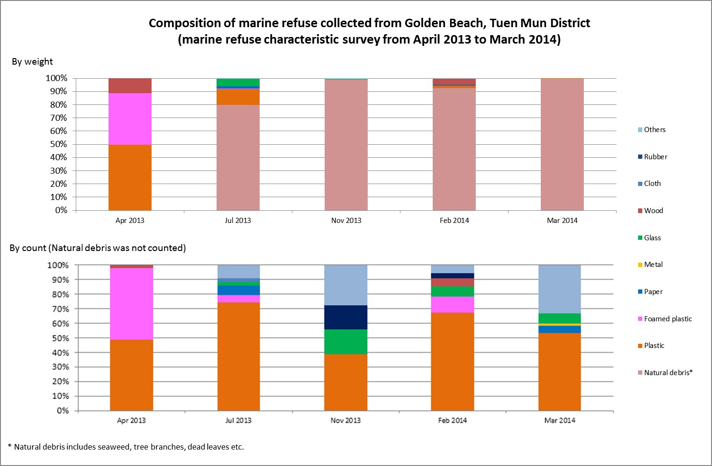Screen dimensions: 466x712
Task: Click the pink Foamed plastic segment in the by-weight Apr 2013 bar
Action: [130, 119]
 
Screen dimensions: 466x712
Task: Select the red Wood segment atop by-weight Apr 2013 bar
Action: [130, 86]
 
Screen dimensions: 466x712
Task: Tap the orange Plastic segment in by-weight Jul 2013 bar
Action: [238, 96]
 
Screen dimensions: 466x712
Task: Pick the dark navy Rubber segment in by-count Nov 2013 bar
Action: [346, 317]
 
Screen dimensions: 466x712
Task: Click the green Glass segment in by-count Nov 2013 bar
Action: [346, 341]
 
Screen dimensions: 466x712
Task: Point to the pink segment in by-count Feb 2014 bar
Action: [452, 304]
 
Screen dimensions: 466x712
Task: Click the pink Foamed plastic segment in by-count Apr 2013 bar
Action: [131, 303]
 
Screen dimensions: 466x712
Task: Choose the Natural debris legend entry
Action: [668, 373]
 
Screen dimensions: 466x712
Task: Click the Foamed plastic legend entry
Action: [668, 319]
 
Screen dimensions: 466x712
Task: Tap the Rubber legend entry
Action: [655, 157]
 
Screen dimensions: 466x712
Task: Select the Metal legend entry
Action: [653, 265]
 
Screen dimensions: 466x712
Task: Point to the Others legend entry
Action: [654, 130]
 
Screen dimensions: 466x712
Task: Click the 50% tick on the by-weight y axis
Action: [59, 144]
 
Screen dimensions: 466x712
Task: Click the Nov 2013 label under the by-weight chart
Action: [346, 221]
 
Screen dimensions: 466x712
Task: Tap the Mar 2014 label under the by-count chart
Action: [559, 421]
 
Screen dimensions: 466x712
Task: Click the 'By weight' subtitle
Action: [32, 62]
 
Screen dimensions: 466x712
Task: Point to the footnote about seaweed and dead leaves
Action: [126, 447]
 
